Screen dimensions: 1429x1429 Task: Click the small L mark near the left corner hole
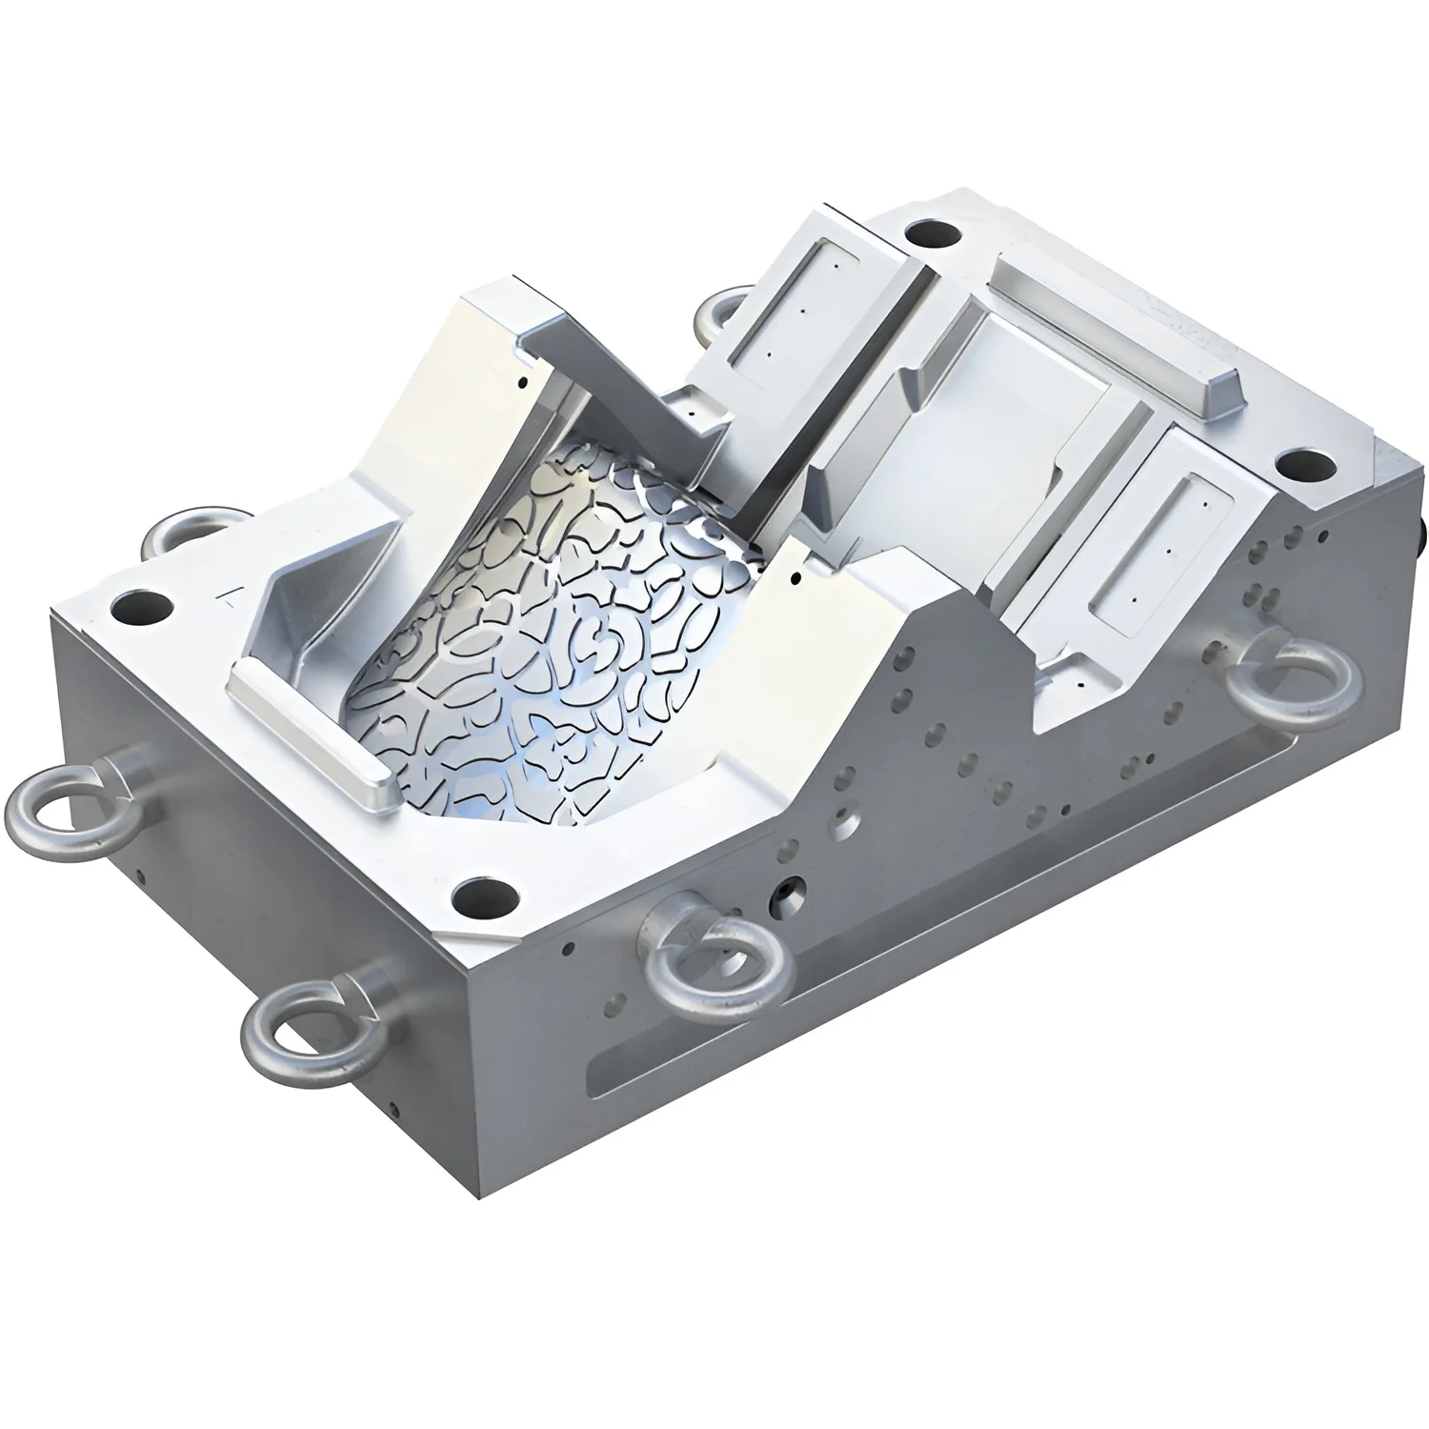[229, 596]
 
